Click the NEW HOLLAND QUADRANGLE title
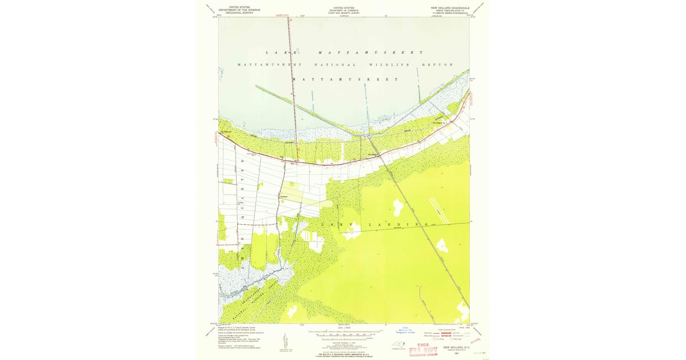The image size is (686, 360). point(450,8)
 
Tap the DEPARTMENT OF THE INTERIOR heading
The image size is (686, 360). point(240,10)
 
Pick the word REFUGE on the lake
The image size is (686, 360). point(437,65)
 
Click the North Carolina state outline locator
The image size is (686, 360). point(396,345)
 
